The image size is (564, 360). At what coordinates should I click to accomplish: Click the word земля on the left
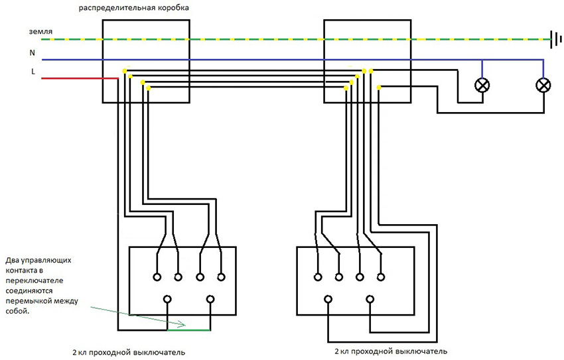point(40,32)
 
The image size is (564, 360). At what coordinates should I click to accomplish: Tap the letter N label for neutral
point(33,52)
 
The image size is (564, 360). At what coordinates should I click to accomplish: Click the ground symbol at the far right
point(554,39)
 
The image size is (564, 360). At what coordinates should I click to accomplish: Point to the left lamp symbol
point(482,85)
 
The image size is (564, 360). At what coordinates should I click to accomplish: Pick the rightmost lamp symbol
point(543,85)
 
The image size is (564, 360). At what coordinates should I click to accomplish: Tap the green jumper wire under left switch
point(188,330)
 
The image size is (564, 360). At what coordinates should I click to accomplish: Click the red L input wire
point(80,79)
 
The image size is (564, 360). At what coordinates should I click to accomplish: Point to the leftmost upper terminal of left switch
point(157,277)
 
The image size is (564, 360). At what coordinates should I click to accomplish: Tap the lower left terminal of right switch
point(328,300)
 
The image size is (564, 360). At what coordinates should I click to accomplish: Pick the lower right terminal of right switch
point(370,300)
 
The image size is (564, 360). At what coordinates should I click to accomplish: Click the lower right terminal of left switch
point(210,300)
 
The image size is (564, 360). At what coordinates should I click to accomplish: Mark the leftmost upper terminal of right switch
point(318,277)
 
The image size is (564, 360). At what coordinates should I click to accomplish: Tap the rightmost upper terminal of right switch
point(381,277)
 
